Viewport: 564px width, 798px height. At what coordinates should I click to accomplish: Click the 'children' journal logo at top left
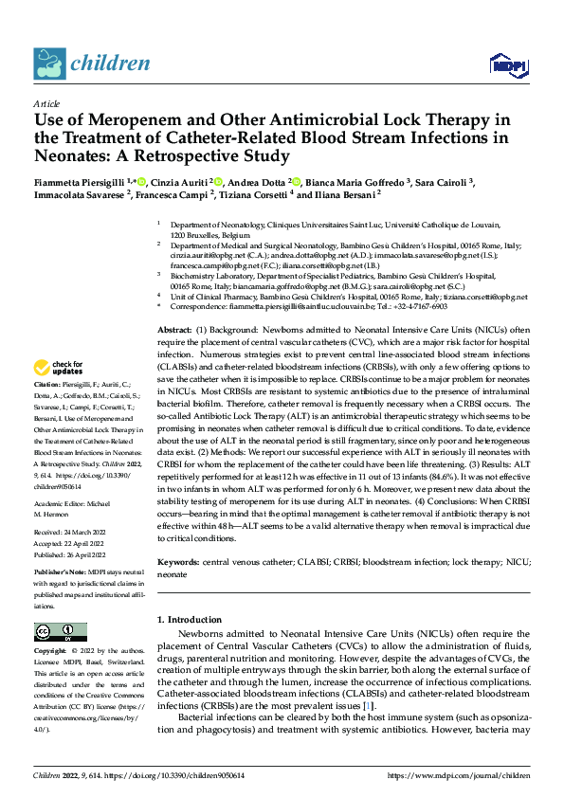(x=93, y=64)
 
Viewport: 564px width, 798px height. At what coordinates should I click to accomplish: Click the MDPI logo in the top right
(x=507, y=64)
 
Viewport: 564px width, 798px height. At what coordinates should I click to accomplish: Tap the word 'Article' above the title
(x=46, y=102)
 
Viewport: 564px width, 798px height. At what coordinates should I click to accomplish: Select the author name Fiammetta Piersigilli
(x=79, y=182)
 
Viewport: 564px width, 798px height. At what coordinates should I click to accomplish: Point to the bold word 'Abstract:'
(x=176, y=328)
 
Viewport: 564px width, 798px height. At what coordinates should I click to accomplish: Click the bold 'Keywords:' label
(x=179, y=563)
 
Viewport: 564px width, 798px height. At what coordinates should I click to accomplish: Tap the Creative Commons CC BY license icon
(x=61, y=632)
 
